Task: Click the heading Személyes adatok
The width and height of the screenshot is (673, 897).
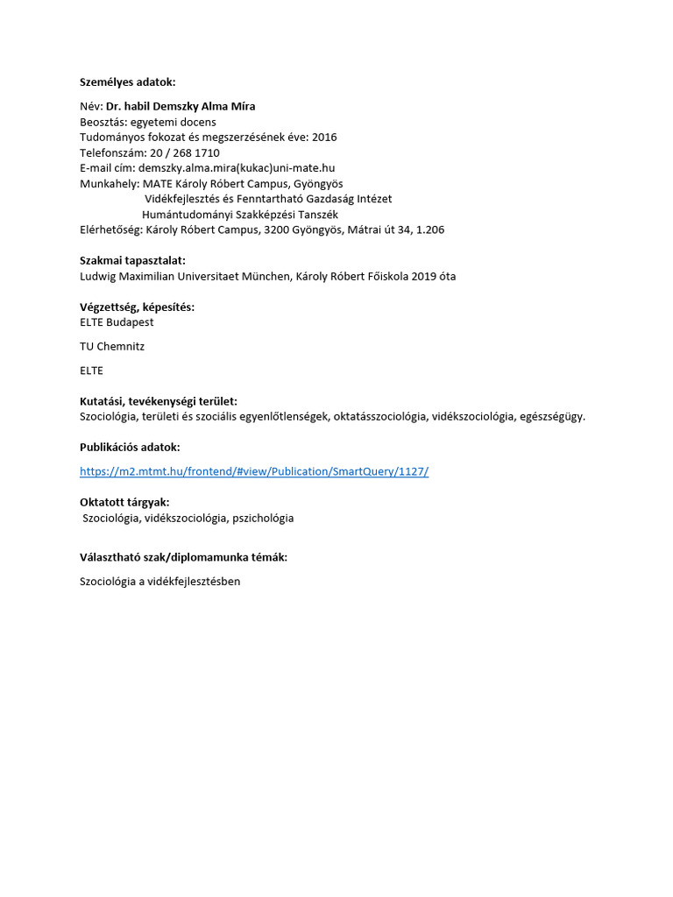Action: pyautogui.click(x=128, y=82)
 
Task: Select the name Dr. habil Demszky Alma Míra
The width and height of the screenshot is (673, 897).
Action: pyautogui.click(x=187, y=106)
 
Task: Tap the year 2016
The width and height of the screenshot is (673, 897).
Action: pyautogui.click(x=322, y=137)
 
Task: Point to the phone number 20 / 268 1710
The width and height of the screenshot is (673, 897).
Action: pyautogui.click(x=185, y=152)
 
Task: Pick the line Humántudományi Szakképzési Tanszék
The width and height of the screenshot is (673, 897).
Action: pyautogui.click(x=239, y=214)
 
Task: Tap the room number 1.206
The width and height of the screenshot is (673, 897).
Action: pyautogui.click(x=429, y=230)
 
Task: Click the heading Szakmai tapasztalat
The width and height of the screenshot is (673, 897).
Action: pyautogui.click(x=132, y=260)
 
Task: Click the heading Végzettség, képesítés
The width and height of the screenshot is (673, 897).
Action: pyautogui.click(x=137, y=307)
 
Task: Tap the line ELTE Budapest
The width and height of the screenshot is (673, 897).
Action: pyautogui.click(x=117, y=322)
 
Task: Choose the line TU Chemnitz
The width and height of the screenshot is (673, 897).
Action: pyautogui.click(x=112, y=346)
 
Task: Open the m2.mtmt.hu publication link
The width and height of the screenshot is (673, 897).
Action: pyautogui.click(x=254, y=471)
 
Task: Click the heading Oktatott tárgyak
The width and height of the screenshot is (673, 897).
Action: pyautogui.click(x=124, y=502)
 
